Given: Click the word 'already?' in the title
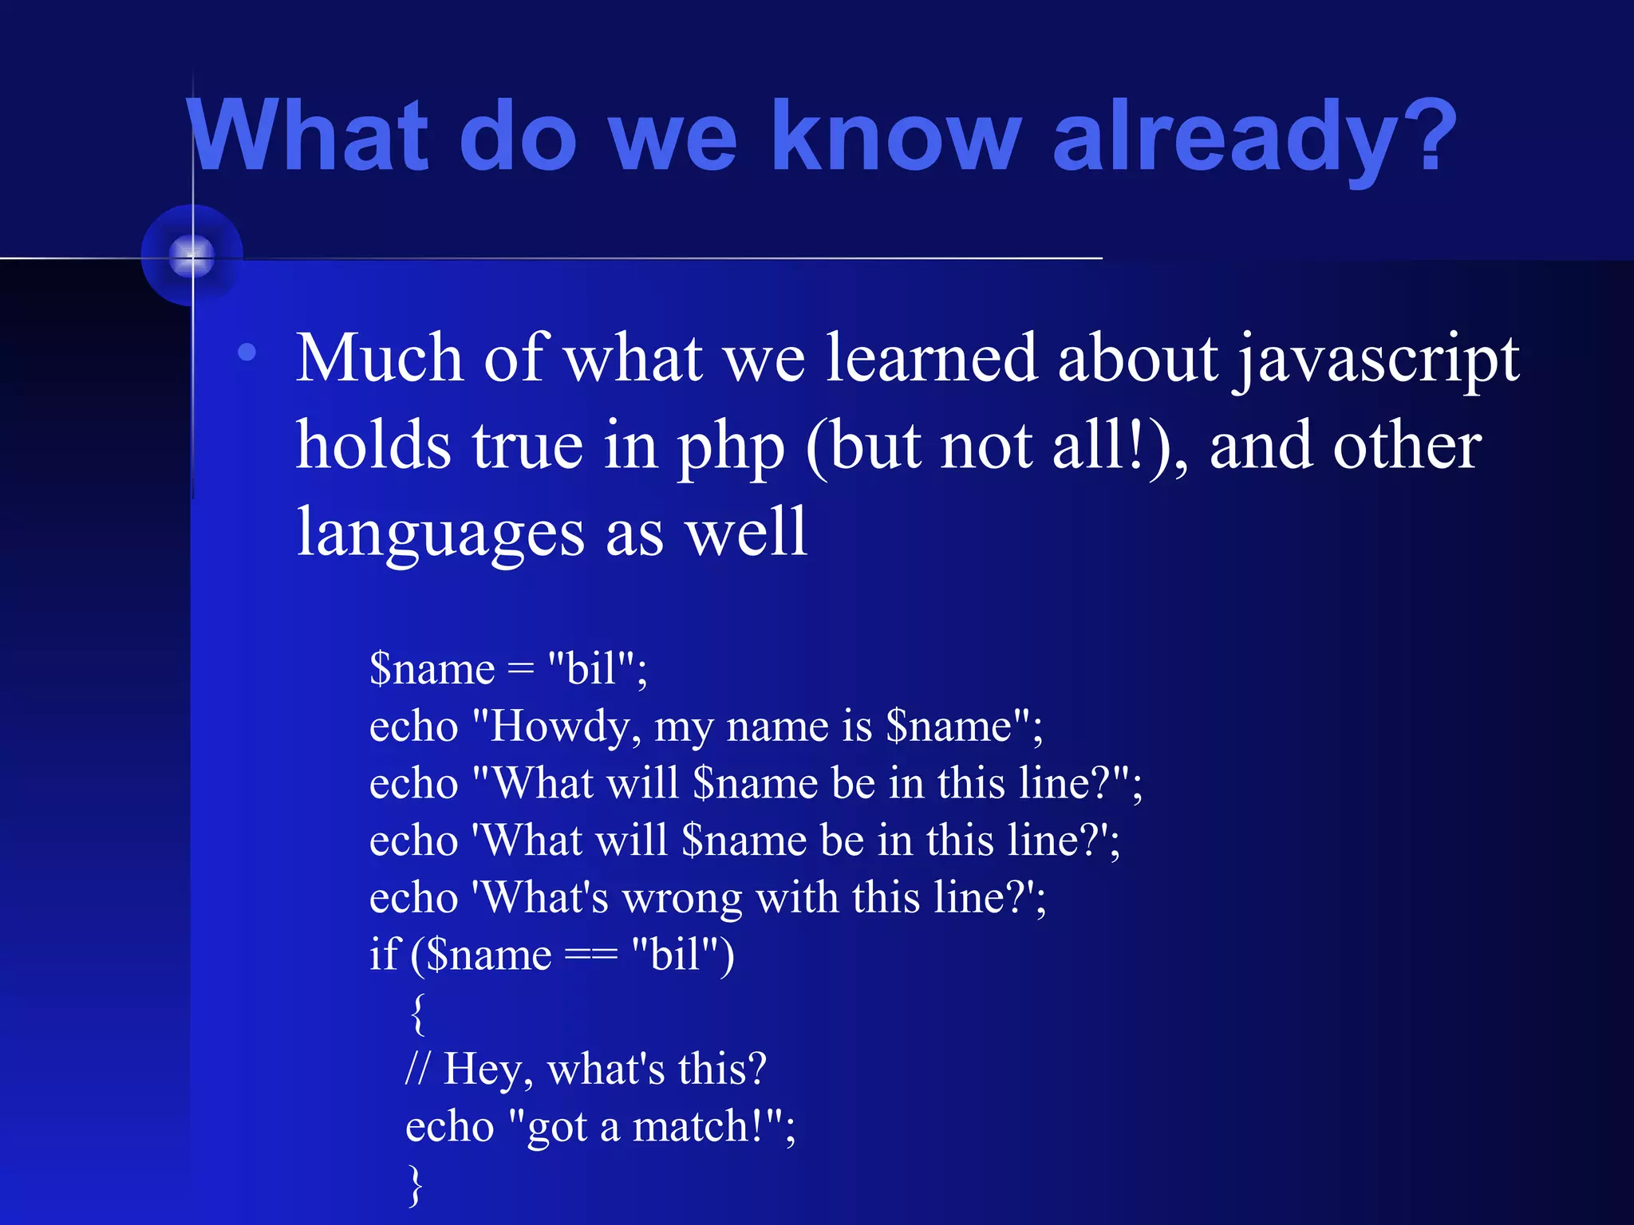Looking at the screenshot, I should point(1254,137).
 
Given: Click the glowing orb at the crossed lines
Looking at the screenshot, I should point(191,256).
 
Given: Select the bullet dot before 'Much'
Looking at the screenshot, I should point(247,352).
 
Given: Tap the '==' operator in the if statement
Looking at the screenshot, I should point(590,955).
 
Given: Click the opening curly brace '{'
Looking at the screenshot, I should point(417,1013).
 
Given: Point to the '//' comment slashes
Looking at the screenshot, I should point(417,1069).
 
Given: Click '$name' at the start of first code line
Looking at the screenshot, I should point(432,668).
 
